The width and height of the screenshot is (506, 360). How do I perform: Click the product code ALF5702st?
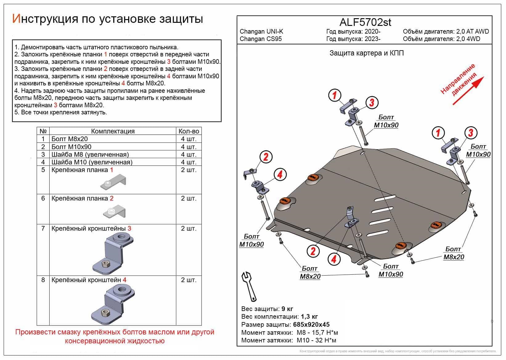click(x=365, y=22)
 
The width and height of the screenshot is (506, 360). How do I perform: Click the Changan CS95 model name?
click(x=260, y=39)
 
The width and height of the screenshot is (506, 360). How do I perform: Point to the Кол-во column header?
click(x=189, y=131)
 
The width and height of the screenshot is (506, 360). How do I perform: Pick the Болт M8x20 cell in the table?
click(x=69, y=139)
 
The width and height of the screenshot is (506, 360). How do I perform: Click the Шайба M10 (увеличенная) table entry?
click(x=92, y=162)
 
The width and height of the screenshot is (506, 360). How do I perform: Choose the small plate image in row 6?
click(x=114, y=212)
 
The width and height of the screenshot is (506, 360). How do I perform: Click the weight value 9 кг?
click(x=287, y=309)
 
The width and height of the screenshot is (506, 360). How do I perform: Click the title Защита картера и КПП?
click(x=366, y=53)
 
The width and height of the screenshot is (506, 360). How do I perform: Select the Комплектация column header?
click(x=113, y=131)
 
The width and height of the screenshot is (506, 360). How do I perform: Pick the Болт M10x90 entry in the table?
click(x=71, y=147)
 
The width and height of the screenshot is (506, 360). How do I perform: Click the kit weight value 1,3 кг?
click(x=309, y=317)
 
